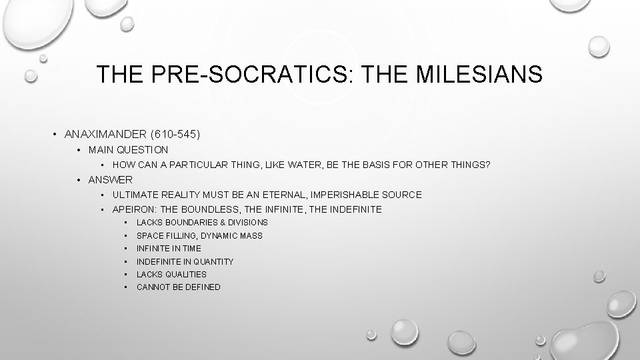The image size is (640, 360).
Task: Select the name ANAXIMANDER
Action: click(107, 134)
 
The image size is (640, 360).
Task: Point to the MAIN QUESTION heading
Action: click(128, 150)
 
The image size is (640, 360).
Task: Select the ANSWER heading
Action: click(110, 179)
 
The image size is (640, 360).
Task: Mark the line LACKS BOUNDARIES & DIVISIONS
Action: click(202, 222)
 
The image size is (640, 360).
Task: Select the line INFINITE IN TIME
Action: click(169, 248)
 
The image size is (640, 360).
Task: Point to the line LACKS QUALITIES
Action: click(171, 274)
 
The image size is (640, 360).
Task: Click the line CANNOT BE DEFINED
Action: click(178, 287)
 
